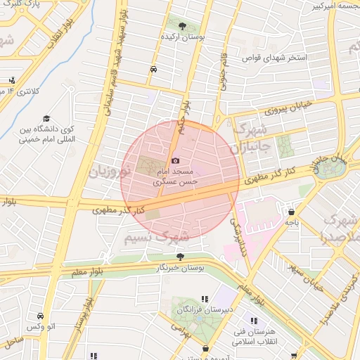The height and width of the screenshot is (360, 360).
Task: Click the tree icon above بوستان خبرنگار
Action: point(181,257)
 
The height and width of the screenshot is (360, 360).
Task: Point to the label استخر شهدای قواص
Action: point(286,57)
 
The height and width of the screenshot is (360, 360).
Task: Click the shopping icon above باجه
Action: point(291,211)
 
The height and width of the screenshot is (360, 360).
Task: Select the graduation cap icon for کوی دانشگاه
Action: point(46,119)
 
